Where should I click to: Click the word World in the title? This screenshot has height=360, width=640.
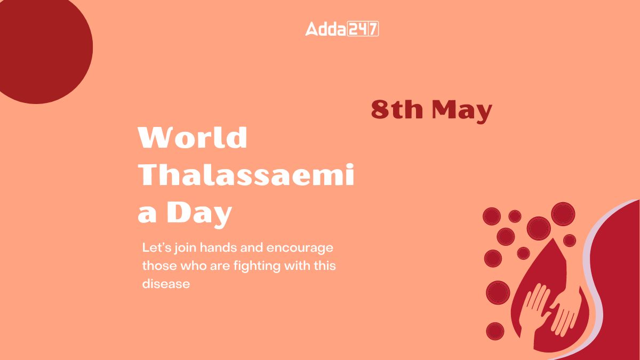[193, 137]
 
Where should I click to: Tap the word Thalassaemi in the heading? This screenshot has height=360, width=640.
[246, 174]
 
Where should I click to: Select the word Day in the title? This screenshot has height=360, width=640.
[199, 214]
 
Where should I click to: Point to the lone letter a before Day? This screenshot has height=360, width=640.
[147, 215]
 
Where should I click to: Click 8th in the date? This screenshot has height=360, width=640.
[397, 109]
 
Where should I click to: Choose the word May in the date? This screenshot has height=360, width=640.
[462, 111]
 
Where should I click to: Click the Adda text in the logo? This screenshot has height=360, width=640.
[326, 29]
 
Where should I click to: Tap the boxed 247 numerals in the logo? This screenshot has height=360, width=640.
[363, 29]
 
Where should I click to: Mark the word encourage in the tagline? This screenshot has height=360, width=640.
[300, 249]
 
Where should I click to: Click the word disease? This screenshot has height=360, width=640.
[166, 284]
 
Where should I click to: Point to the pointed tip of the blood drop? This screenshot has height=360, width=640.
[554, 239]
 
